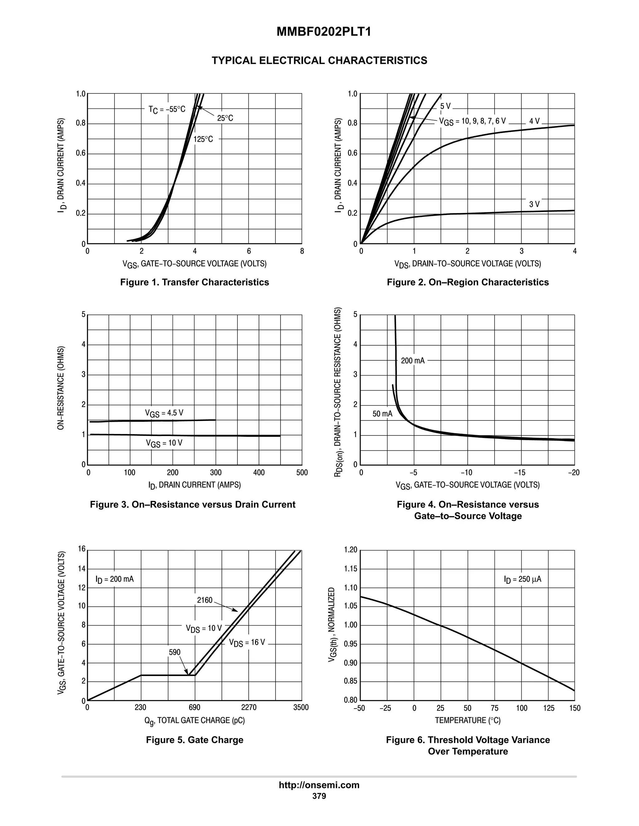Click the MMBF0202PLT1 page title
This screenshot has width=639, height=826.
point(324,32)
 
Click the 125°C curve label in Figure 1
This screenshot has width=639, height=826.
point(203,139)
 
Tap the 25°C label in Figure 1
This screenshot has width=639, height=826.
point(225,118)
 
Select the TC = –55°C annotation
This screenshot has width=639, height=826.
point(167,109)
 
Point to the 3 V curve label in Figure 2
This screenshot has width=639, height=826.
point(534,204)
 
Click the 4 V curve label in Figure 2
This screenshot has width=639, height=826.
point(534,121)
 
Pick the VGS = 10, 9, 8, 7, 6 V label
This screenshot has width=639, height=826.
point(472,121)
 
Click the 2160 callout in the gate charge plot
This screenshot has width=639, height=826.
point(205,600)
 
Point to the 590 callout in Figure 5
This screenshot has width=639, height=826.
point(174,652)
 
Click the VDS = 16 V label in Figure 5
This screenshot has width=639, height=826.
point(247,643)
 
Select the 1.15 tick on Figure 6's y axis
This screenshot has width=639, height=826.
point(350,569)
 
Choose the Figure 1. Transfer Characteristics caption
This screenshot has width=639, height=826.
point(195,282)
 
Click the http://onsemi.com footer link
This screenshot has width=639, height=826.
point(319,785)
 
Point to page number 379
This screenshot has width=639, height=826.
point(319,796)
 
